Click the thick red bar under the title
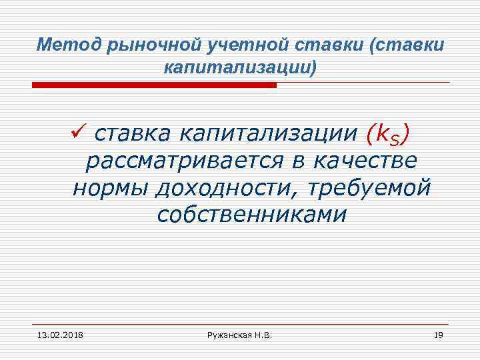(x=154, y=85)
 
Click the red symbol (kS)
(x=387, y=135)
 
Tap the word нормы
(x=110, y=189)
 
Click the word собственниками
(x=252, y=215)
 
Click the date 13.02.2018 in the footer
(x=56, y=334)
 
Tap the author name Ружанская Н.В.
(x=239, y=334)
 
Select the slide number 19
(x=437, y=334)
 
